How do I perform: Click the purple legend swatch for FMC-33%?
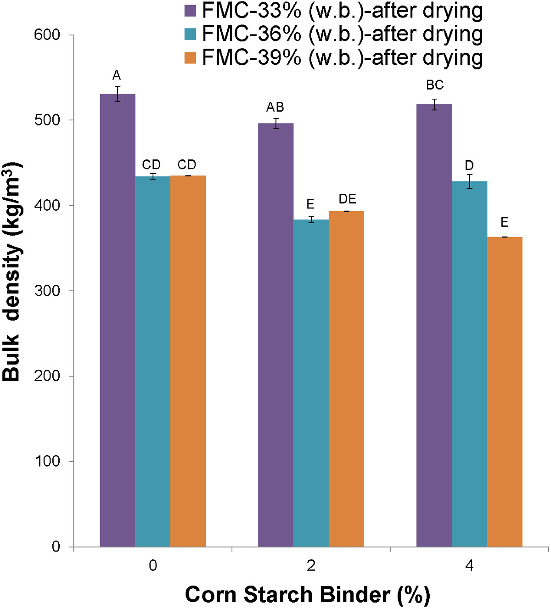tap(190, 11)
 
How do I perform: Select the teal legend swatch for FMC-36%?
tap(190, 34)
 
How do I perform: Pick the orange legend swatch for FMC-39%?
tap(190, 58)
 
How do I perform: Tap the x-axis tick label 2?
tap(311, 566)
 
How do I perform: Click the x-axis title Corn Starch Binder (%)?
tap(307, 595)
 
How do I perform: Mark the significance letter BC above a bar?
tap(435, 85)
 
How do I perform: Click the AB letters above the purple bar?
tap(275, 107)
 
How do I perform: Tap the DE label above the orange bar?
tap(348, 199)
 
